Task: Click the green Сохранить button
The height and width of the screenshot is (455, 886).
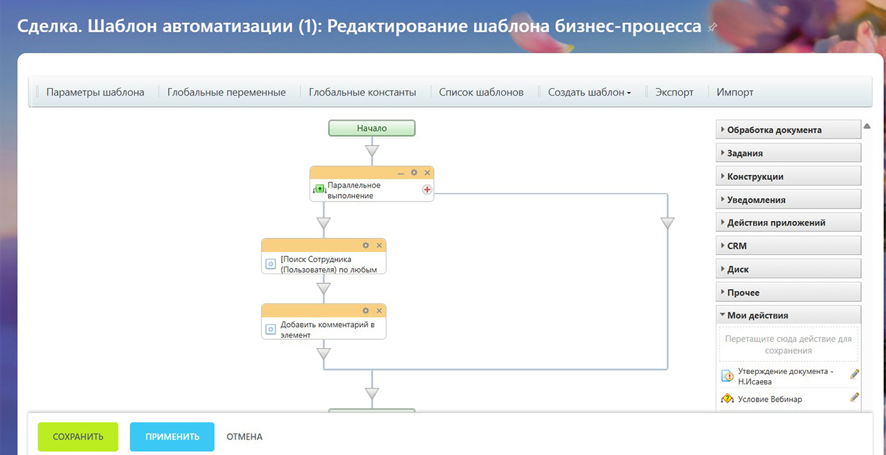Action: click(78, 436)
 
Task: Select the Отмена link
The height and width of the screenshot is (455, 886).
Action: click(244, 436)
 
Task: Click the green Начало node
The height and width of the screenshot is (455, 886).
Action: click(372, 128)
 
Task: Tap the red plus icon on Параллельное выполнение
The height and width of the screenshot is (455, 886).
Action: click(427, 190)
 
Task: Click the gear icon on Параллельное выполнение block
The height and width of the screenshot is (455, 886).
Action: click(414, 172)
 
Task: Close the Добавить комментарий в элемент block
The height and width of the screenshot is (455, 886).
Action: click(379, 310)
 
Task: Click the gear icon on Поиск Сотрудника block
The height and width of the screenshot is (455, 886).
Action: click(366, 245)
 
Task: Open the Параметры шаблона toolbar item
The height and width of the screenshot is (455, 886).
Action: click(95, 92)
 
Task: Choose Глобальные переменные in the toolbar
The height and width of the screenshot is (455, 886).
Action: click(226, 92)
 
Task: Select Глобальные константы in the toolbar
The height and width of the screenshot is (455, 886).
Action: click(362, 92)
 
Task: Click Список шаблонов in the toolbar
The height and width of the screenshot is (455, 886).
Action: click(481, 92)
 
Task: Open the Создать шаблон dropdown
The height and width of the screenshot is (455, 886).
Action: click(589, 92)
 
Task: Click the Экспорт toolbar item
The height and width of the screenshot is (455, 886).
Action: click(674, 92)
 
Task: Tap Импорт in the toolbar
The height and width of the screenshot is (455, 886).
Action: click(735, 92)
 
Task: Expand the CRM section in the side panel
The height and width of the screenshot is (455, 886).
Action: click(788, 246)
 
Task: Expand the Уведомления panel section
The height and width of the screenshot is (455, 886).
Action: click(788, 199)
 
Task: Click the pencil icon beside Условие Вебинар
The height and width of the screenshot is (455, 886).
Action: click(854, 398)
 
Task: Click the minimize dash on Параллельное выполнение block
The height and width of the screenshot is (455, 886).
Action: click(401, 173)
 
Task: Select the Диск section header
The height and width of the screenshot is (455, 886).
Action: click(788, 269)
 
